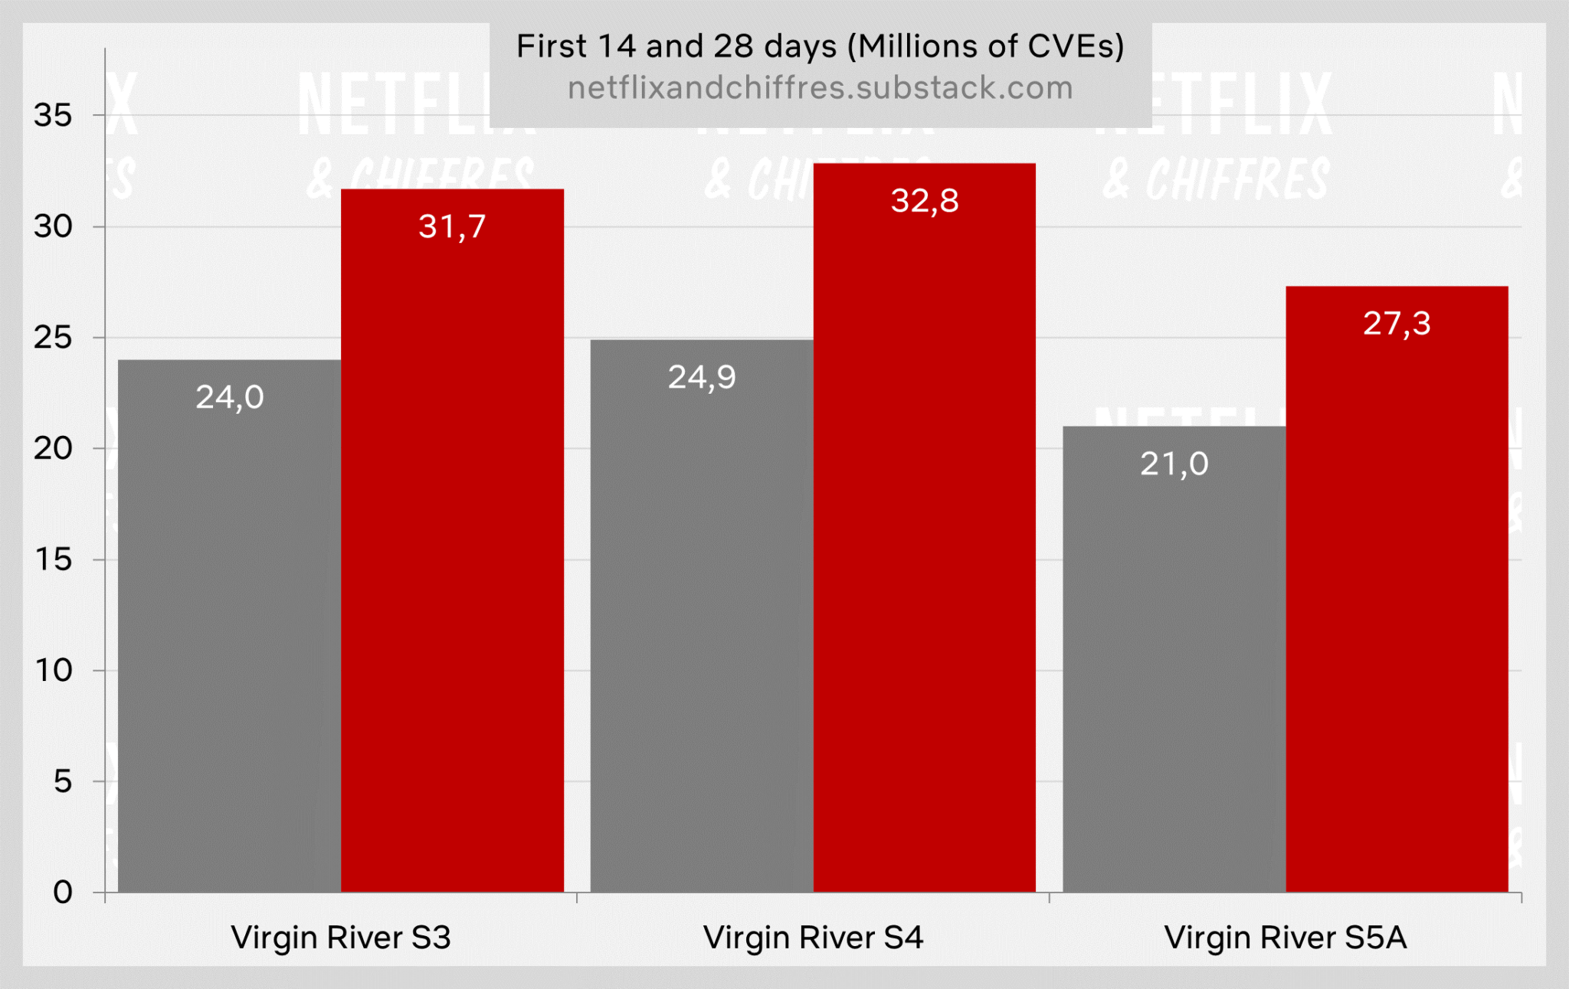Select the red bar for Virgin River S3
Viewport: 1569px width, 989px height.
452,552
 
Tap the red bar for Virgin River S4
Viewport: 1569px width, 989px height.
924,536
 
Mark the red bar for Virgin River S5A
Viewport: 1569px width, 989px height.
1397,598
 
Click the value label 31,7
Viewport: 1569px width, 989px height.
452,227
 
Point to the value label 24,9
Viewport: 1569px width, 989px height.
701,377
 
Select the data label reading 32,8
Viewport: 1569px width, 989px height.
924,201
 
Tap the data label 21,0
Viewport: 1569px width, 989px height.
1174,463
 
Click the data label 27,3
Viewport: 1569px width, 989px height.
1397,323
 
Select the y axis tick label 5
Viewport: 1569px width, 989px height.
62,781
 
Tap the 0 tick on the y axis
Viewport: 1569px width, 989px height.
62,892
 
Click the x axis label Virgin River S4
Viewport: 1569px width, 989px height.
813,938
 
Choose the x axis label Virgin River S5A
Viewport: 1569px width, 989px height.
1285,938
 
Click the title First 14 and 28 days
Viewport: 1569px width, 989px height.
820,46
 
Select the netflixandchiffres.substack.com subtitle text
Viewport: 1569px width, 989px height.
820,88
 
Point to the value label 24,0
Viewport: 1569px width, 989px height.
229,397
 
